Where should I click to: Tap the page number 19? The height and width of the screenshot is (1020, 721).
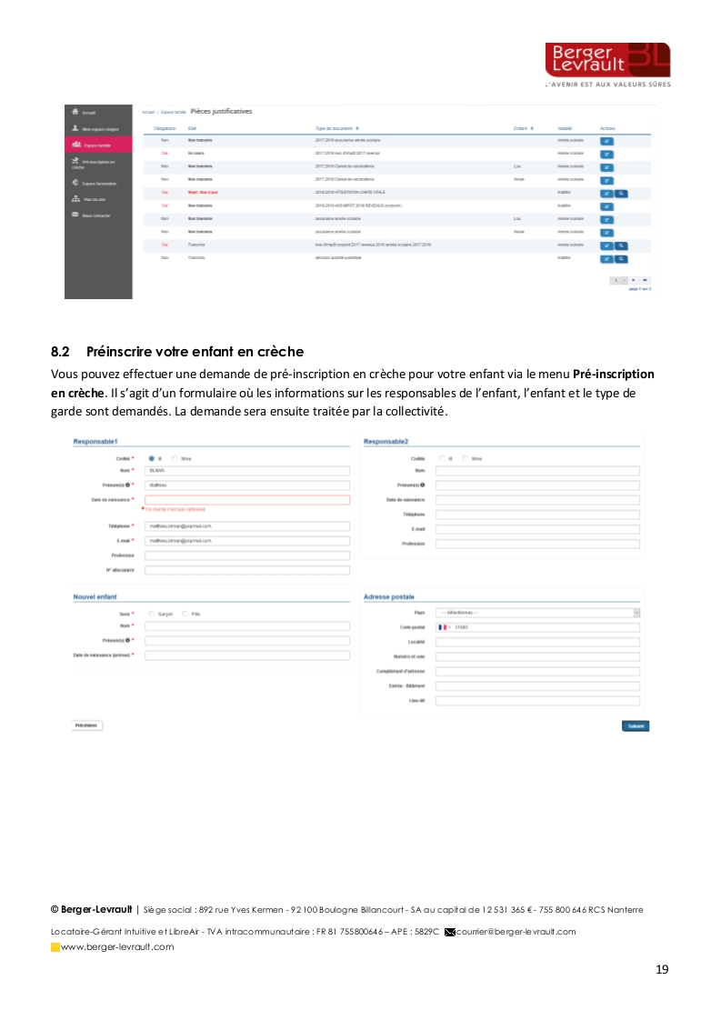[662, 969]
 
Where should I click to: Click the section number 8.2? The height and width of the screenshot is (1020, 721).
[60, 351]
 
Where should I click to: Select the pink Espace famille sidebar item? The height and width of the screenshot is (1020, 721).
[98, 144]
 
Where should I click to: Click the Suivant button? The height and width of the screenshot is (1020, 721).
[636, 725]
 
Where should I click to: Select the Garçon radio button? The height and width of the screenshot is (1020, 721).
[152, 614]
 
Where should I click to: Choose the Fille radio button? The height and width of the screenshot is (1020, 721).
[185, 614]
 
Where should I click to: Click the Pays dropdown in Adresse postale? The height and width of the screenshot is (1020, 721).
[537, 613]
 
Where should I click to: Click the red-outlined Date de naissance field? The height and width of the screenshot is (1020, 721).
[247, 499]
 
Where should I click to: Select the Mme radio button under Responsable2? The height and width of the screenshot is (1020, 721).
[466, 458]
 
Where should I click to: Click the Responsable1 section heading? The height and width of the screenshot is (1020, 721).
[95, 442]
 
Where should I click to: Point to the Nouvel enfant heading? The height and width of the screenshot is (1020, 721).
[95, 597]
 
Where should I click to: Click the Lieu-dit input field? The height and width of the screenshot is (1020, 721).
[537, 701]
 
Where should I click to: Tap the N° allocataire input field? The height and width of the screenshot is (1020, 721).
[247, 570]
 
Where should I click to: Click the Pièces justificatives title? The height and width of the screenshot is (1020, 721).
[222, 112]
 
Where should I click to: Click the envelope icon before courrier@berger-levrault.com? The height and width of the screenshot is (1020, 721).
[449, 932]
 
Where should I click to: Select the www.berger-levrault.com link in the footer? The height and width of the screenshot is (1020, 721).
[117, 947]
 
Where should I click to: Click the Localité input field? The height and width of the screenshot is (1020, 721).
[537, 642]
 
